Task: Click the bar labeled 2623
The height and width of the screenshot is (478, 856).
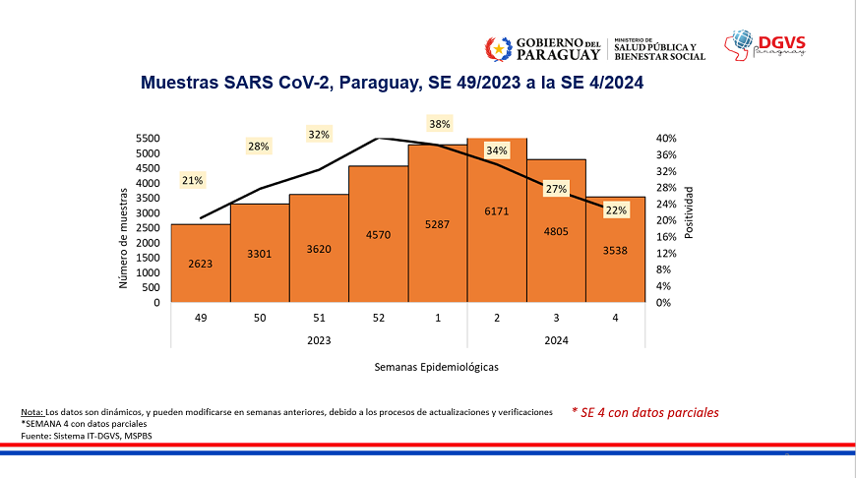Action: (x=201, y=263)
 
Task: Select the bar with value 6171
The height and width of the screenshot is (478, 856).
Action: (x=497, y=220)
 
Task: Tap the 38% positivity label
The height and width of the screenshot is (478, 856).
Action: (x=439, y=124)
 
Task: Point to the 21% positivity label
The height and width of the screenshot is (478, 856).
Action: (x=192, y=180)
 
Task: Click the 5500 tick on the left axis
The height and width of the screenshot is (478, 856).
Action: (x=149, y=139)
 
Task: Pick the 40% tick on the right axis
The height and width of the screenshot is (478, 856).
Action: (x=666, y=139)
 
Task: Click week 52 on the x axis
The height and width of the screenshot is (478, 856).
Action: (x=378, y=318)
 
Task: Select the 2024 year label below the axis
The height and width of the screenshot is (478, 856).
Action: (x=556, y=339)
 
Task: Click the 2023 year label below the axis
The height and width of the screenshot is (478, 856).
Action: (x=319, y=339)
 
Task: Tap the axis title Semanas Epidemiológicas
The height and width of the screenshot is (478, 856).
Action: (x=437, y=367)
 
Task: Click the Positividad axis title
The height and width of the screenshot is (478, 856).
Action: (x=690, y=211)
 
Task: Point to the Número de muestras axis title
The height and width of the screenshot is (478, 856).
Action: (x=124, y=239)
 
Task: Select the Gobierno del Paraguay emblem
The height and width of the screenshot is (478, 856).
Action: (x=498, y=47)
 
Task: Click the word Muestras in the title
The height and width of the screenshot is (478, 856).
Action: (x=178, y=86)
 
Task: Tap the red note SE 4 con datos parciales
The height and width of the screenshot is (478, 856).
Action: (x=644, y=412)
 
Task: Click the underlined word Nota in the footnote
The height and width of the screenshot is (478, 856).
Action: (x=31, y=411)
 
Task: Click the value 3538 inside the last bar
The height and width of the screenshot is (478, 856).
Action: (x=615, y=251)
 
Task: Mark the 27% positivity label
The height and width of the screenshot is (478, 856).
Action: (x=556, y=189)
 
